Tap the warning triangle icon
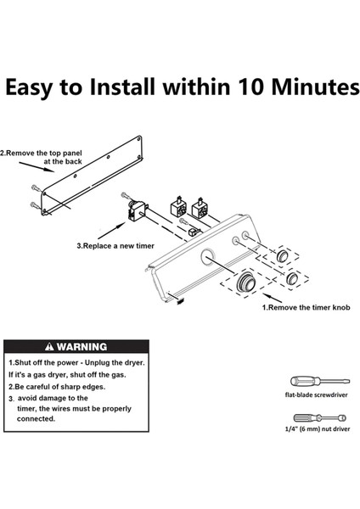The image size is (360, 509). (x=50, y=347)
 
